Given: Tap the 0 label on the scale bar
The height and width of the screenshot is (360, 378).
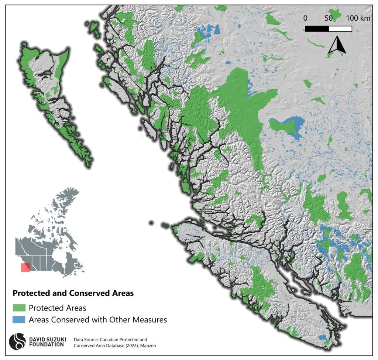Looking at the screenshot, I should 305,18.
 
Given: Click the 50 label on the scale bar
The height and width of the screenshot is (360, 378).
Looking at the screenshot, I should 328,18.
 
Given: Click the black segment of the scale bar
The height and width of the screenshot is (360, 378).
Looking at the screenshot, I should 317,28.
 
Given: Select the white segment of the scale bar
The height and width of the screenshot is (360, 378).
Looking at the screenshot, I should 340,28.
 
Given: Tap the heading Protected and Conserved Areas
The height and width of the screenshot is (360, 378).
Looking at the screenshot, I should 73,293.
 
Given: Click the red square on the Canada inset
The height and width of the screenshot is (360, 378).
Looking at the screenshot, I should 25,267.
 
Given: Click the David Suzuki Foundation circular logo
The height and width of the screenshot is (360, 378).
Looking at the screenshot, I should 17,342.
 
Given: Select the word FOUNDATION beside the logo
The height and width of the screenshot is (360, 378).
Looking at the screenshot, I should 46,344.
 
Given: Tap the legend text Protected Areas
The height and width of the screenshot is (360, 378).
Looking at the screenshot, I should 57,308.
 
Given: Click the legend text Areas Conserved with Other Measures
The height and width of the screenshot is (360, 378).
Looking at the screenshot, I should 98,319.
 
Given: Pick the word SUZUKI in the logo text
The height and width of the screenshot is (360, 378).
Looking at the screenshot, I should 47,338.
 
